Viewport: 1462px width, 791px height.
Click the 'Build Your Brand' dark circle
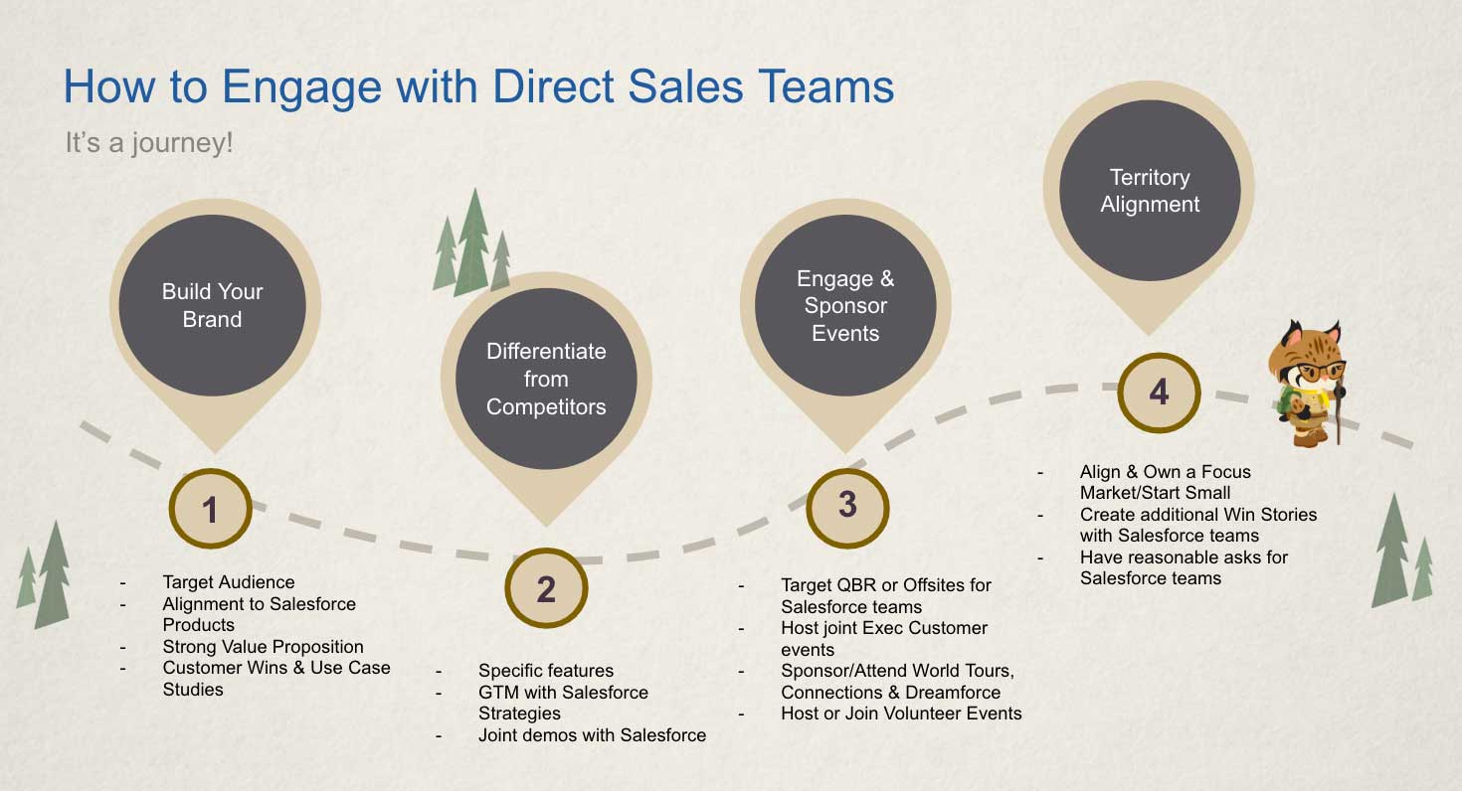(x=212, y=305)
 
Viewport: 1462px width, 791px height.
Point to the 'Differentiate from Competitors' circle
(x=546, y=379)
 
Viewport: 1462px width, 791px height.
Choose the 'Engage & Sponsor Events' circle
(x=845, y=305)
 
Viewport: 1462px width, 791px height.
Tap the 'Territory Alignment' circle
(x=1150, y=191)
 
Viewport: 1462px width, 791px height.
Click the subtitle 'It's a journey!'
(x=149, y=143)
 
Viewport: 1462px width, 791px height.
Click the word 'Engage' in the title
(x=301, y=87)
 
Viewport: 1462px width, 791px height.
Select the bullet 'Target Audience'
(x=229, y=581)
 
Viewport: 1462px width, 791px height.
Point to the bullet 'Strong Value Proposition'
(x=263, y=646)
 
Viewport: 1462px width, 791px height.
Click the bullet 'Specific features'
(x=546, y=671)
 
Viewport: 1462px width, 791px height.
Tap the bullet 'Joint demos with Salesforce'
(x=592, y=735)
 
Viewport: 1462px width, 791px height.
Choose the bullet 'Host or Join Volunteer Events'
(x=901, y=713)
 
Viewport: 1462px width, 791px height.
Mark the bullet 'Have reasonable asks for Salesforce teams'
(x=1184, y=567)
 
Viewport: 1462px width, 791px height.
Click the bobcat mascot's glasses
(x=1319, y=372)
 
